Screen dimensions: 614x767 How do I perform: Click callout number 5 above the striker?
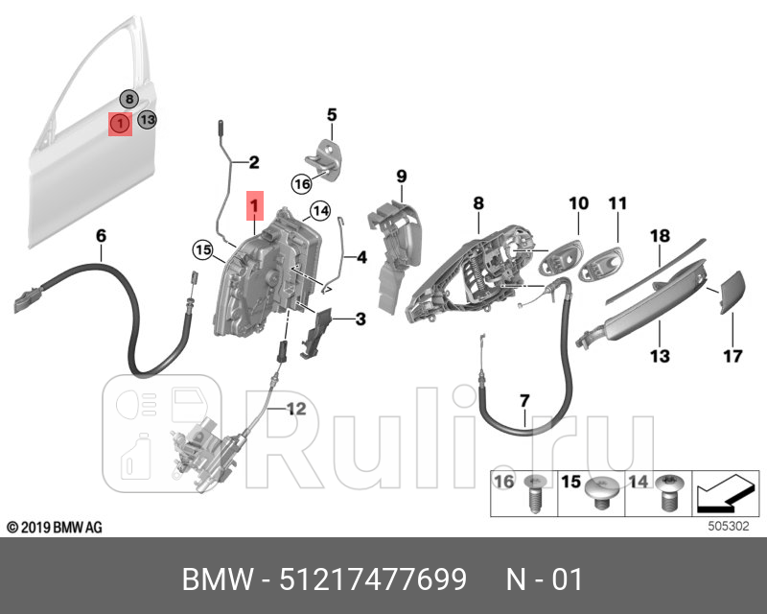click(332, 115)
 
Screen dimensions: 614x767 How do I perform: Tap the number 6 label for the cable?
click(101, 235)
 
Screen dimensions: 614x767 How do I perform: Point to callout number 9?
click(402, 176)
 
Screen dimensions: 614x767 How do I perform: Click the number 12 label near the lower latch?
click(295, 409)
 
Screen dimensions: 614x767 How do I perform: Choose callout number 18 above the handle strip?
click(660, 235)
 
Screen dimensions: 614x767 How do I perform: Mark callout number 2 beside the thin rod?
click(253, 162)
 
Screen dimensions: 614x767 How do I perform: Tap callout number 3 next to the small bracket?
click(360, 319)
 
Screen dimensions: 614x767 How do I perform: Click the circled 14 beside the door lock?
click(320, 211)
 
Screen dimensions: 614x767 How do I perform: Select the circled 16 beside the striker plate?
click(302, 183)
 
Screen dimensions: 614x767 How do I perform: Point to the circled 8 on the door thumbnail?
click(128, 99)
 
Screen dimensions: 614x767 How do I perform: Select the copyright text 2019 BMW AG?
click(55, 528)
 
